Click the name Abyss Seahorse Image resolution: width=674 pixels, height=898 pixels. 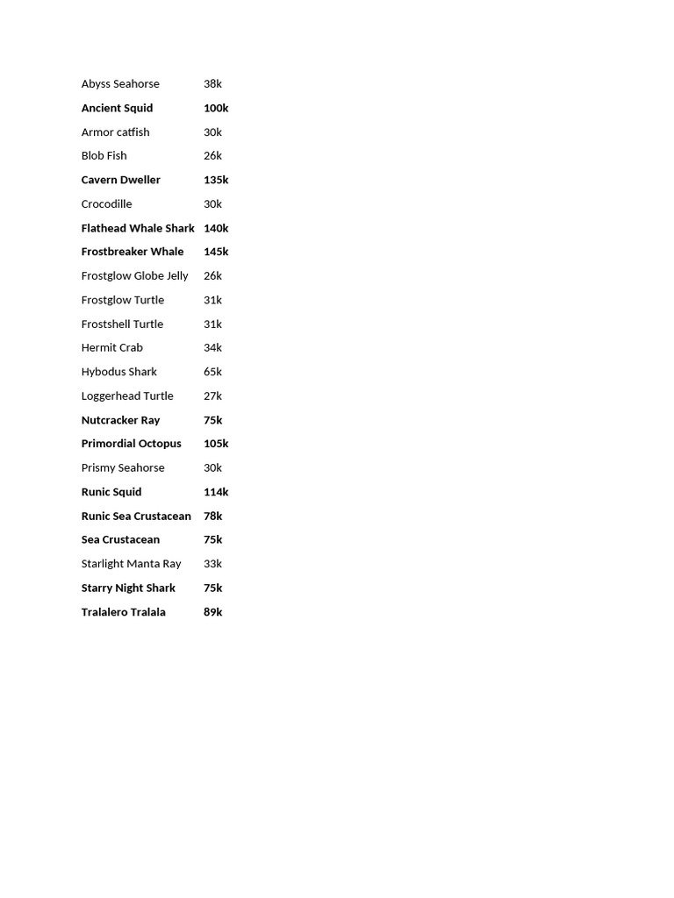120,84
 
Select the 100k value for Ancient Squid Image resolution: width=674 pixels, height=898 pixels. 216,108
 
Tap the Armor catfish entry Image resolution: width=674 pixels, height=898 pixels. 115,132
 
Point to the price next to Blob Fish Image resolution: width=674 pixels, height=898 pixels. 212,156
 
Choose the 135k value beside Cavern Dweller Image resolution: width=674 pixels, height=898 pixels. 216,180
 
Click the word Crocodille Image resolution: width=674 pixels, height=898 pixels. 106,204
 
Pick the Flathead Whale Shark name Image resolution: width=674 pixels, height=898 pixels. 138,228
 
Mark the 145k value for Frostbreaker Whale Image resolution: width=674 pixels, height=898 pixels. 216,252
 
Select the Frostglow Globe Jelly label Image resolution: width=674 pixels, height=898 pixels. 134,276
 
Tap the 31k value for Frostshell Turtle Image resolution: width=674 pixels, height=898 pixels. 212,324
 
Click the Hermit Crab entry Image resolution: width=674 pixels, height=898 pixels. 111,348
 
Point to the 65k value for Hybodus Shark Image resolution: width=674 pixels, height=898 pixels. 212,372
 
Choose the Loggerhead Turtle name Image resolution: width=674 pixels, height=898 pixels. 127,396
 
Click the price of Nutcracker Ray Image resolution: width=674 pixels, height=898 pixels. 212,420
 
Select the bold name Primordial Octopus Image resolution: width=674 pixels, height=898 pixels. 131,444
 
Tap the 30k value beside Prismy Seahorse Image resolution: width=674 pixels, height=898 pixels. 212,468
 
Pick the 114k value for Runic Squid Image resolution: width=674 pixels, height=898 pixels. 216,492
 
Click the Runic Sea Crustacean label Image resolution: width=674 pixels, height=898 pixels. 136,517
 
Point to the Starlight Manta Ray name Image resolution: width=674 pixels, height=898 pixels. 131,564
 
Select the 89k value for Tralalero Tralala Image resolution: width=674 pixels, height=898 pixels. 212,612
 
